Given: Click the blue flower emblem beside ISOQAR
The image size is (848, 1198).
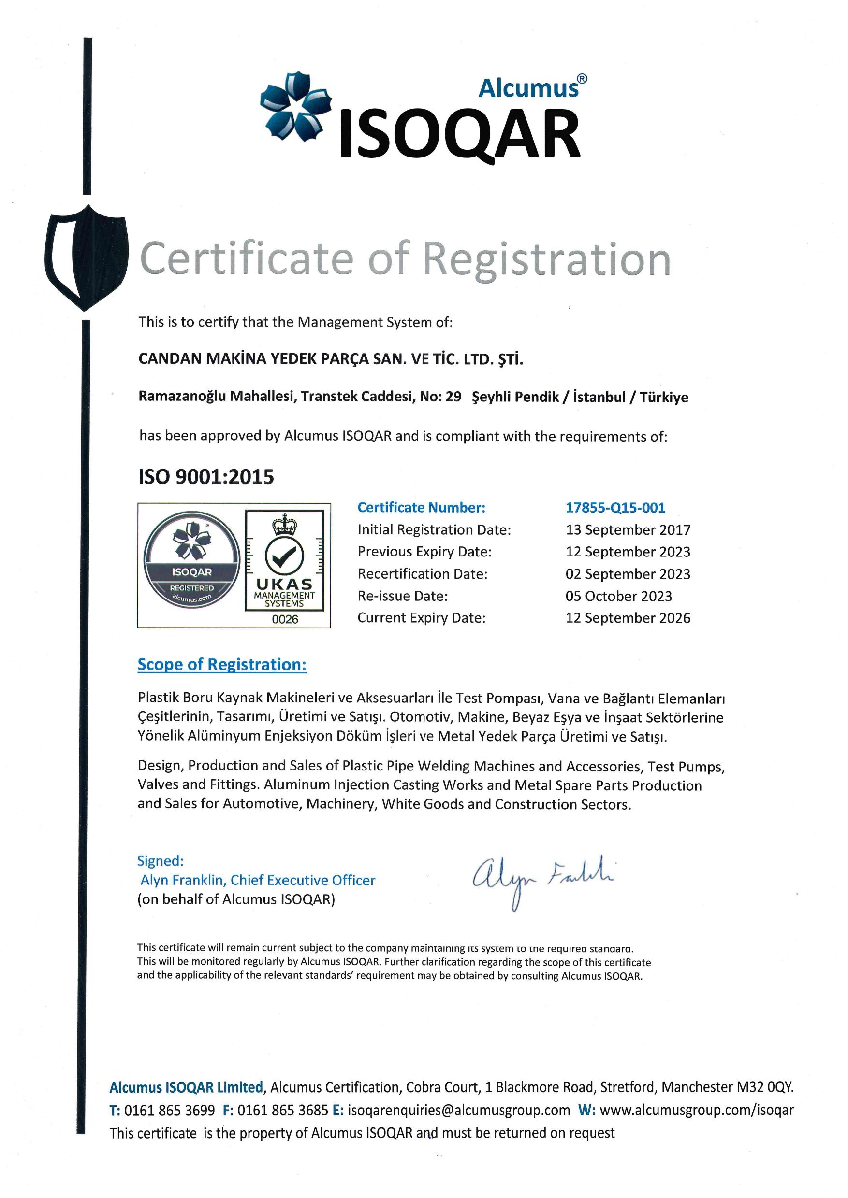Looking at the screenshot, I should coord(295,106).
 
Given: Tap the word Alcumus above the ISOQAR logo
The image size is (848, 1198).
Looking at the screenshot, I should coord(528,87).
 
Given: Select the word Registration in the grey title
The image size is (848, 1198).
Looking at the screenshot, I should coord(546,259).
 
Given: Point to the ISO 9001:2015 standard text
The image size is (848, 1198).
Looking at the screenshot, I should coord(206,477).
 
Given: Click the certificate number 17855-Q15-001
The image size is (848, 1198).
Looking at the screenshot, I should coord(615,508).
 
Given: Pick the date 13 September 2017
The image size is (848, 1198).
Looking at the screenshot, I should coord(628,530).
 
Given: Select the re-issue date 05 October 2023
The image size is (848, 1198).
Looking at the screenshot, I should coord(618,596).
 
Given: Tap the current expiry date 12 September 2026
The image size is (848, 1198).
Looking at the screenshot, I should coord(628,618).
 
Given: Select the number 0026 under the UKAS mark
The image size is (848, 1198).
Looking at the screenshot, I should coord(285,619).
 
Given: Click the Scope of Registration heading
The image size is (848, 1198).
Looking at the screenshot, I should coord(222,665).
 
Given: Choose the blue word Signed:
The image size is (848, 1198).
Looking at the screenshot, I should coord(161,860).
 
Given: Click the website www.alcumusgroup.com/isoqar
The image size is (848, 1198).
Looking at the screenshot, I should coord(697,1110).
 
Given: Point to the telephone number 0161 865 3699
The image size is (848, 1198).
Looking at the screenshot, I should coord(169,1110).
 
